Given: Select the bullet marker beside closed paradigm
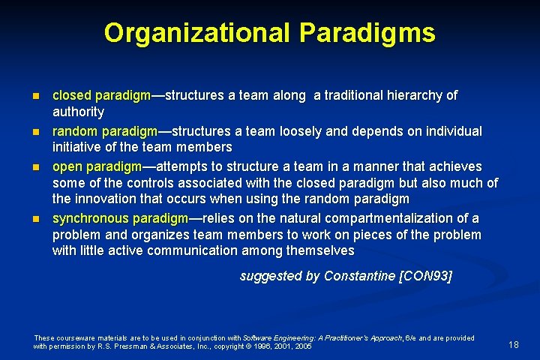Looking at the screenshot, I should point(36,96).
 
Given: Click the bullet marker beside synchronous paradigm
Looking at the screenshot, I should point(36,218).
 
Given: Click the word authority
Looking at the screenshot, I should point(78,112).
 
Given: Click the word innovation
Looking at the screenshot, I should point(105,199).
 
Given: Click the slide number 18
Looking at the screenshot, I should point(514,344).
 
